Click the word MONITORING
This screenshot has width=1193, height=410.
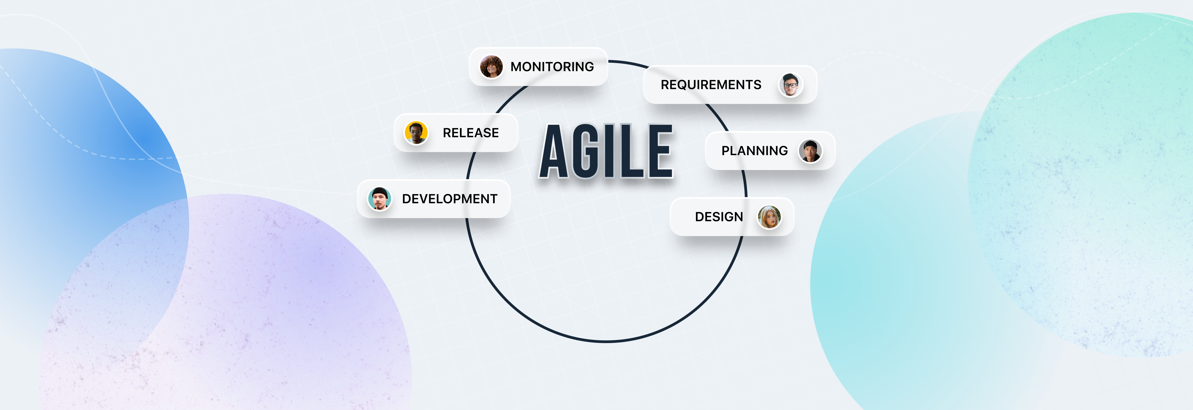tap(552, 67)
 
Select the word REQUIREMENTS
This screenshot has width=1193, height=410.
tap(711, 85)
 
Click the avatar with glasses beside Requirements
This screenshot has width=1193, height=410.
tap(791, 85)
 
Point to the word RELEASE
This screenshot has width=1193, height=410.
tap(470, 133)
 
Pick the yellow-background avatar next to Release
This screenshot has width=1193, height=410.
tap(416, 133)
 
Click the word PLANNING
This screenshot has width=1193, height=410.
tap(754, 151)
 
